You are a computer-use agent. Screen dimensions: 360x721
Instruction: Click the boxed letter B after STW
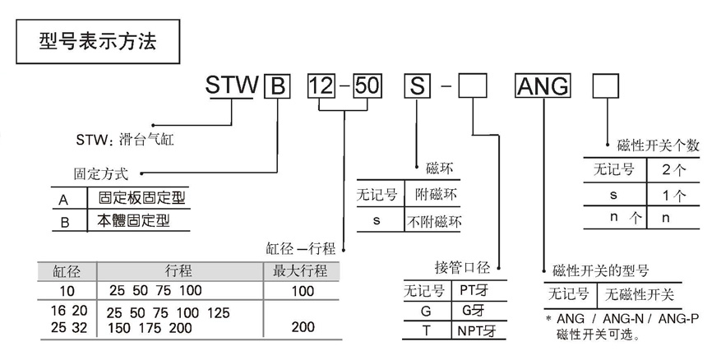click(x=276, y=86)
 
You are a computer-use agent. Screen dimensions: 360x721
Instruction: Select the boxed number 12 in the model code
click(x=321, y=86)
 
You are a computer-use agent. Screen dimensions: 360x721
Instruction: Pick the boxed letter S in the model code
click(x=418, y=86)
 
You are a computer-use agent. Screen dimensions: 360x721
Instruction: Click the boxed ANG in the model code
click(x=543, y=86)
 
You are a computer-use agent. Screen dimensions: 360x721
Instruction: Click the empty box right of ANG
click(x=607, y=86)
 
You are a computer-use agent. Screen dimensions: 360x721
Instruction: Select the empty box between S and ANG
click(x=474, y=86)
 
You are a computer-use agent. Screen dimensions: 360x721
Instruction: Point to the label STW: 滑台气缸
click(x=125, y=140)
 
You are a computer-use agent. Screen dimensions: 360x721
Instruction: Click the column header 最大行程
click(x=300, y=271)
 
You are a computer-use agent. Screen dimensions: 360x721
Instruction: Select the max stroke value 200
click(x=303, y=327)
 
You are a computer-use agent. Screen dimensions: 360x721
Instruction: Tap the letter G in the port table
click(x=425, y=312)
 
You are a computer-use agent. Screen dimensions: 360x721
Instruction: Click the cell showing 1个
click(x=673, y=195)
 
